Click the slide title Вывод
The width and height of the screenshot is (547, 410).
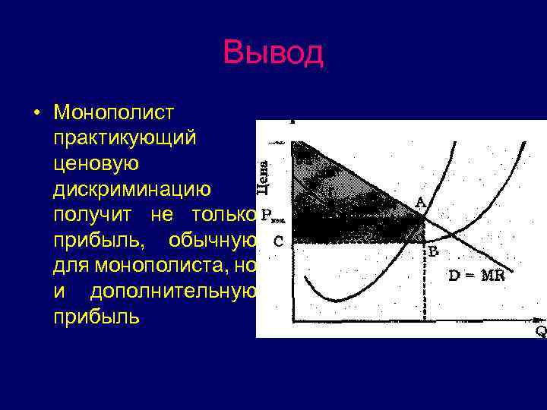pyautogui.click(x=273, y=53)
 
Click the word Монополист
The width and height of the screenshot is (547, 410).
pyautogui.click(x=114, y=112)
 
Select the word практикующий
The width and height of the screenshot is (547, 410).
pyautogui.click(x=125, y=138)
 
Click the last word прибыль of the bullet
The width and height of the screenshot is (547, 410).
pyautogui.click(x=96, y=317)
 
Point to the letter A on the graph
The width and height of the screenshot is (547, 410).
pyautogui.click(x=419, y=202)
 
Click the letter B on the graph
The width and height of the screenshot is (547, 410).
pyautogui.click(x=433, y=251)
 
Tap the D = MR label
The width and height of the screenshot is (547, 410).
pyautogui.click(x=476, y=276)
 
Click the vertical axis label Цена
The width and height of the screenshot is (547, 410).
pyautogui.click(x=264, y=174)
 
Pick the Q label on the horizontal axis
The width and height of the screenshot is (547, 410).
pyautogui.click(x=540, y=331)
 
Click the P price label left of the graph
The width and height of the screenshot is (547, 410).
pyautogui.click(x=267, y=215)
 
